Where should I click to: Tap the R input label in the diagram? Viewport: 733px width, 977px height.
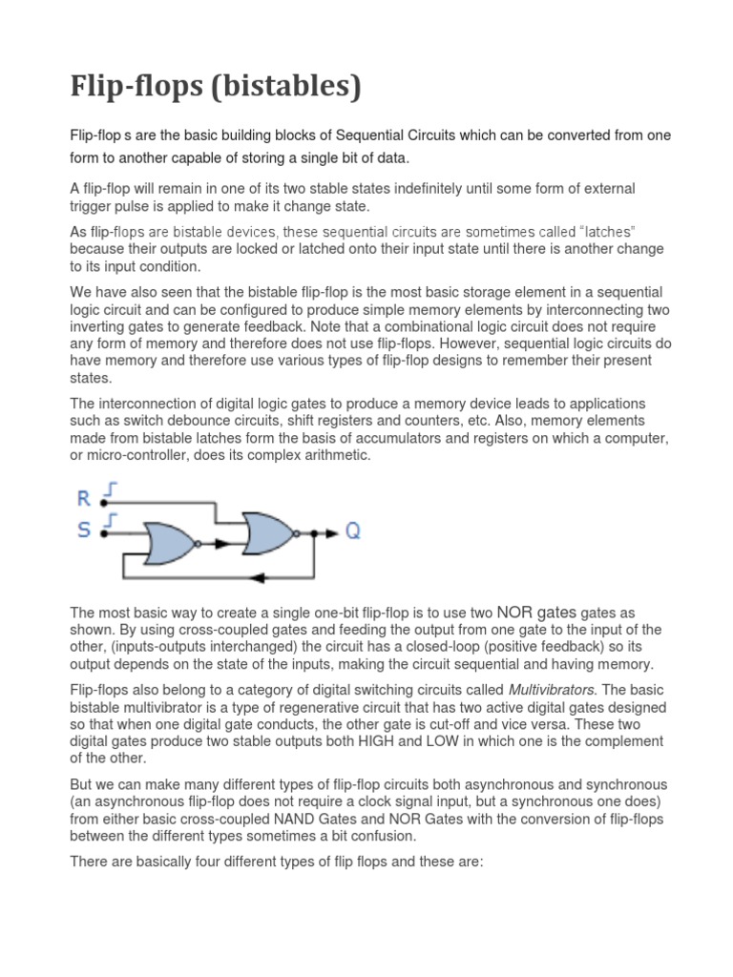click(x=83, y=496)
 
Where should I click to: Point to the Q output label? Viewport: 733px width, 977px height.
click(x=352, y=531)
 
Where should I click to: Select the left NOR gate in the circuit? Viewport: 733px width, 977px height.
click(x=169, y=543)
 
